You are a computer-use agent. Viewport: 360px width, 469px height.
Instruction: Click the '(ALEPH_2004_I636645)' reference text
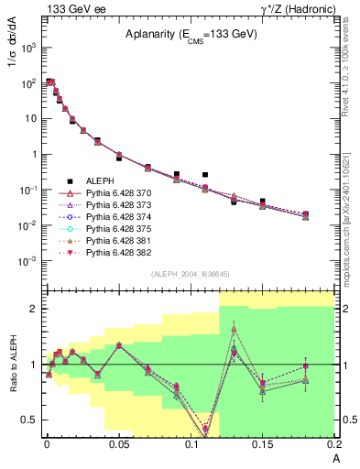click(x=190, y=275)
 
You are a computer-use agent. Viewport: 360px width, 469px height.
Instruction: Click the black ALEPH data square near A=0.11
click(x=205, y=174)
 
